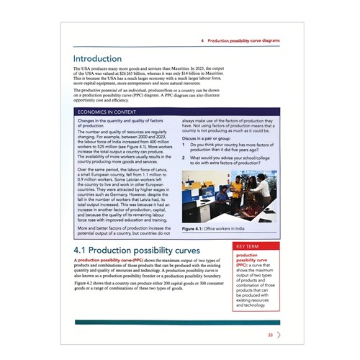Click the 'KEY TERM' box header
(x=248, y=246)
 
